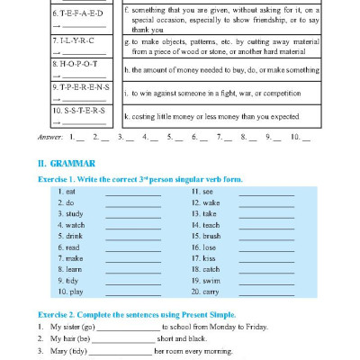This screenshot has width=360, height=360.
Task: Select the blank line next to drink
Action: point(126,237)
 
